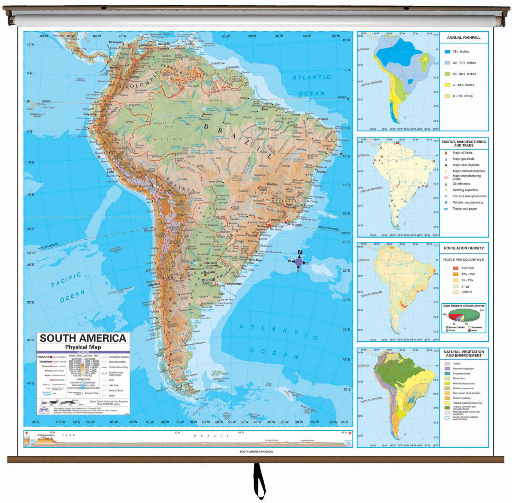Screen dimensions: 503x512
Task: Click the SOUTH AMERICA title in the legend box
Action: tap(83, 338)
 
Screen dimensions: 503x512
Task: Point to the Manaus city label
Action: tap(207, 114)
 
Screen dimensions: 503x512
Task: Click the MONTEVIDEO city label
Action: tap(234, 284)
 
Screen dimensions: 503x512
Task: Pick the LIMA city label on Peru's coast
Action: tap(110, 172)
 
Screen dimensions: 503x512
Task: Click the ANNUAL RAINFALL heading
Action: tap(464, 38)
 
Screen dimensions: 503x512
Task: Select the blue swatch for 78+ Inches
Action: tap(448, 52)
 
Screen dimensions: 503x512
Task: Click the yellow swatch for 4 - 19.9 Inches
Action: tap(448, 85)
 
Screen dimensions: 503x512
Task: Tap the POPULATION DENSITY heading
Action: tap(464, 248)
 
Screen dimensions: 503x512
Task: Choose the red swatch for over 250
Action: tap(455, 268)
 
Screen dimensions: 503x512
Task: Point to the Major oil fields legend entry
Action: tap(462, 152)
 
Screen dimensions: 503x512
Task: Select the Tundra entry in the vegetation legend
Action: tap(456, 364)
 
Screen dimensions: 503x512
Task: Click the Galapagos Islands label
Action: tap(37, 115)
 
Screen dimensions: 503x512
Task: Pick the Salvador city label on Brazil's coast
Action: tap(321, 172)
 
